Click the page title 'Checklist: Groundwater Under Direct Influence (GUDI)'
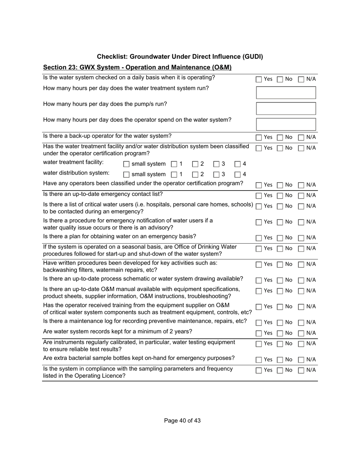(180, 57)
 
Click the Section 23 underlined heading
(137, 67)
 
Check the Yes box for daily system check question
(259, 80)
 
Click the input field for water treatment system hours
(286, 92)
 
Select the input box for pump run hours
(286, 108)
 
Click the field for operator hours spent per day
(286, 124)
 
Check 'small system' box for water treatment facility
(127, 164)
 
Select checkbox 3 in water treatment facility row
(216, 164)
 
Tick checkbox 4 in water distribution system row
(238, 175)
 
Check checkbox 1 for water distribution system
(174, 175)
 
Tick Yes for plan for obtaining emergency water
(259, 238)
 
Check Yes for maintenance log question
(259, 323)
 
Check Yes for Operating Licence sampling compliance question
(259, 371)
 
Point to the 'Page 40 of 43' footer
(182, 421)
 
